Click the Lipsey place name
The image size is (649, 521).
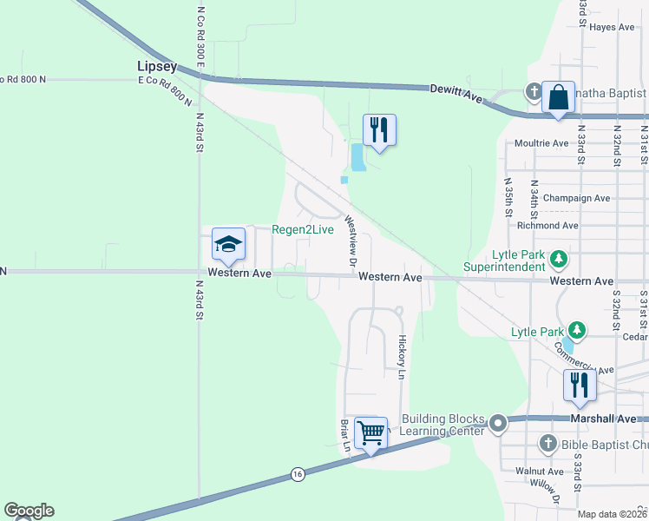tap(157, 66)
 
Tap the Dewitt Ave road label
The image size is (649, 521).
tap(456, 94)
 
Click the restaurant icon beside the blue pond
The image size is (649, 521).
tap(379, 130)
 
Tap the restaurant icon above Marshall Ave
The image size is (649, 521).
tap(579, 386)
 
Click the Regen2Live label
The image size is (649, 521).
tap(303, 229)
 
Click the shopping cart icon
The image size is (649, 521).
tap(370, 432)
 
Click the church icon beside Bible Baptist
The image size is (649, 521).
tap(547, 445)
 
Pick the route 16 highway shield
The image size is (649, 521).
tap(298, 474)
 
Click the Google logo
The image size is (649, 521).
tap(29, 511)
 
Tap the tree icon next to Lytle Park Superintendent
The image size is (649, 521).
tap(560, 258)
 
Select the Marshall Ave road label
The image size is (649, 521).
tap(594, 419)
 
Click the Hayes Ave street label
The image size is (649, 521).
tap(612, 27)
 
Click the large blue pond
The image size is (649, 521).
tap(357, 156)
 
